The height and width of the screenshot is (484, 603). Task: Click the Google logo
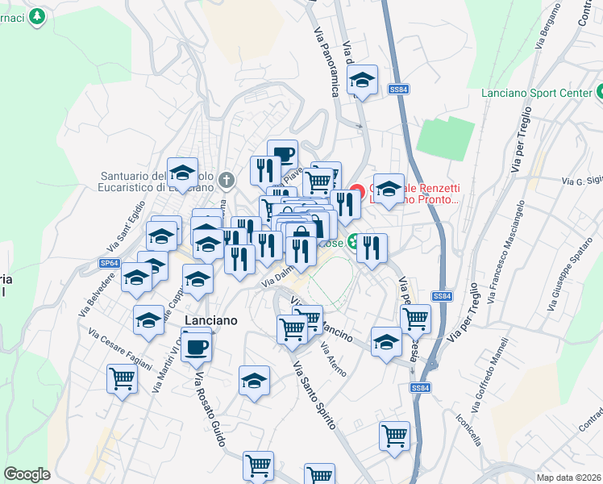[27, 474]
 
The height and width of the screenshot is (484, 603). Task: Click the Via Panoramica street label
[324, 70]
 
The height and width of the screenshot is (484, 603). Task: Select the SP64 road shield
[110, 263]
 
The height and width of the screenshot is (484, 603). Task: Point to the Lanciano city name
[211, 320]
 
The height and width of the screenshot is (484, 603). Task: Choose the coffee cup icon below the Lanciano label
[196, 348]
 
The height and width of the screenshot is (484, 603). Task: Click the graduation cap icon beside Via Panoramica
[363, 81]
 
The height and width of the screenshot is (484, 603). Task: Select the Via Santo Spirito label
[314, 395]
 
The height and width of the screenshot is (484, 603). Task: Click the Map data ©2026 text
[568, 478]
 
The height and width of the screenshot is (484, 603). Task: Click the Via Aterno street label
[333, 360]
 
